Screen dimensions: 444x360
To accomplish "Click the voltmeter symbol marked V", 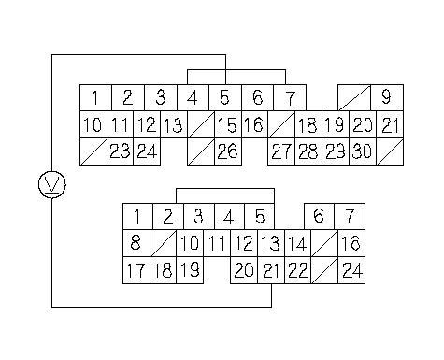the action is pos(52,184).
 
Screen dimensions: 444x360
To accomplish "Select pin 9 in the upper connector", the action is pos(387,97).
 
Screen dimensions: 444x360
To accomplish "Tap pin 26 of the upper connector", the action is pos(228,151).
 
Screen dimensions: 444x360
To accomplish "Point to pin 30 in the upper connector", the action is pos(363,151).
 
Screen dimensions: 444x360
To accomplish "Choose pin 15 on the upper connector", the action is pos(228,124).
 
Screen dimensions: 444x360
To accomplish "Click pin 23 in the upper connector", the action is pos(120,151).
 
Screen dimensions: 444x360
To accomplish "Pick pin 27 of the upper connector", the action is pos(281,151).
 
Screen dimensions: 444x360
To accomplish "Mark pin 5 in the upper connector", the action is pos(225,97).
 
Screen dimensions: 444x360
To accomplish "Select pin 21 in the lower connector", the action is pos(271,270).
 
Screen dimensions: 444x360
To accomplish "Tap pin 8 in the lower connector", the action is pos(136,243).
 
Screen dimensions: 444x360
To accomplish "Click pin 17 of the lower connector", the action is pos(136,270).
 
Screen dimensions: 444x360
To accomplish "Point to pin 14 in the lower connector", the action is pos(298,243).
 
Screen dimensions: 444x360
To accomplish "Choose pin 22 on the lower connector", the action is pos(298,270).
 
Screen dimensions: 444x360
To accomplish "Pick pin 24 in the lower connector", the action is pos(351,270).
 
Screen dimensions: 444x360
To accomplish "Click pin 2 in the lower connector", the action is pos(168,217).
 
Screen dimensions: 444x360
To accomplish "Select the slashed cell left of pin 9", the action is pos(354,97).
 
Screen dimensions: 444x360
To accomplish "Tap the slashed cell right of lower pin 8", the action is pos(164,243).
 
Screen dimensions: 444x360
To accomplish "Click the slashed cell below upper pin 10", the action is pos(93,151).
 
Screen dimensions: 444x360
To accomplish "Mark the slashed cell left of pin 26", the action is pos(201,151).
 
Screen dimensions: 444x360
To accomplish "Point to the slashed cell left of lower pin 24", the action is pos(324,270).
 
